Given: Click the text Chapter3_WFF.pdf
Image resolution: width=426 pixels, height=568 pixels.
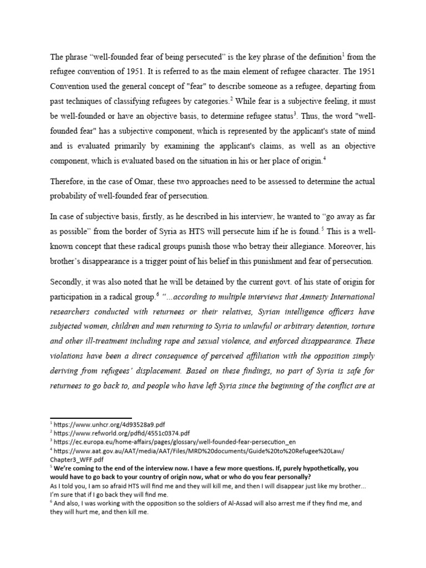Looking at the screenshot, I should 77,460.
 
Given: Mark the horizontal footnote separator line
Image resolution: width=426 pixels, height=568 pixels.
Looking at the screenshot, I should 91,418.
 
